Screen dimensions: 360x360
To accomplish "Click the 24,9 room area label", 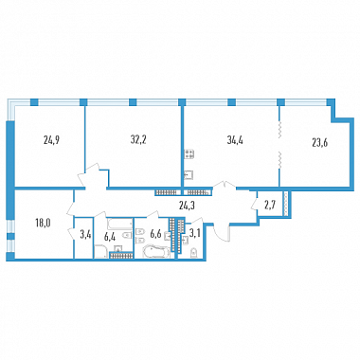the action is [x=52, y=140].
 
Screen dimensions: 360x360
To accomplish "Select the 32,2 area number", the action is [x=138, y=139].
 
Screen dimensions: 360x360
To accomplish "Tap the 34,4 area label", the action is [x=235, y=140].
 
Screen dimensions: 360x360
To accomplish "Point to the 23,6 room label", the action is [x=319, y=142].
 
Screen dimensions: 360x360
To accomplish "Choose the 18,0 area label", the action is [x=44, y=223].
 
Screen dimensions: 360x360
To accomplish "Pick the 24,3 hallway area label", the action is [x=186, y=206].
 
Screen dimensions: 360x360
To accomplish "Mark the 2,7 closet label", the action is [x=269, y=206].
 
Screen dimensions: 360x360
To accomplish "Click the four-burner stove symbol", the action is [x=189, y=154].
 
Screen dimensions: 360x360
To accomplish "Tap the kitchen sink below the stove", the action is [x=189, y=174].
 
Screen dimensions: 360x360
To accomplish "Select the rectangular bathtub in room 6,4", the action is [x=119, y=224].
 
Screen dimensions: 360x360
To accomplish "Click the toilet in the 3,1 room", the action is [x=193, y=253].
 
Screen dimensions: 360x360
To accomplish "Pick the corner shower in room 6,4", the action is [x=101, y=252].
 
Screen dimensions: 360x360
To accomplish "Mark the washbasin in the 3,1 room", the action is [x=186, y=241].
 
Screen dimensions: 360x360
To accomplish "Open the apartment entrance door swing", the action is [x=222, y=233].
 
